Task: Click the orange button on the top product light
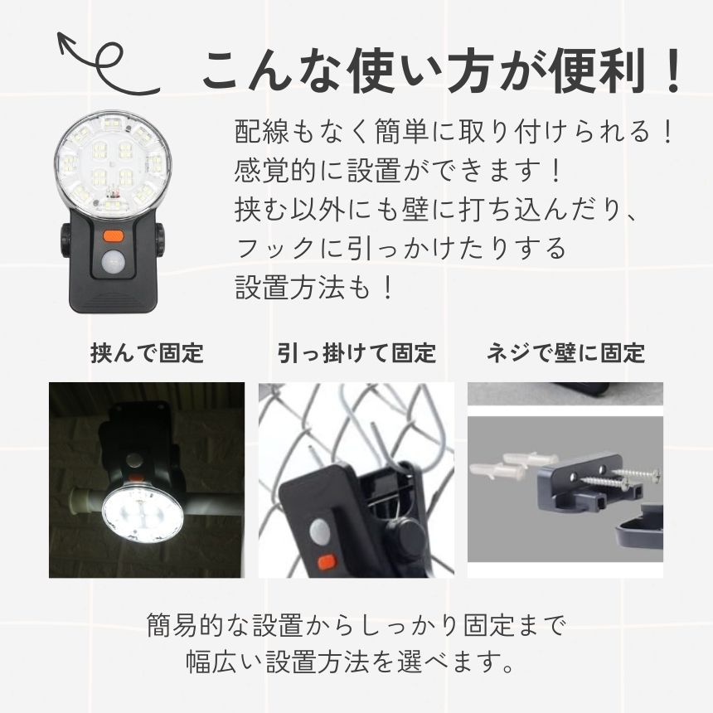(114, 236)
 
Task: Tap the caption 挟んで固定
(147, 353)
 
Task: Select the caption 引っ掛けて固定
(357, 353)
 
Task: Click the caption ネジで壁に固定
(565, 353)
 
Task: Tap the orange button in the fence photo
(326, 562)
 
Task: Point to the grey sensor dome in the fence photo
(322, 533)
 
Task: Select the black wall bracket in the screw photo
(591, 487)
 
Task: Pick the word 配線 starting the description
(262, 132)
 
